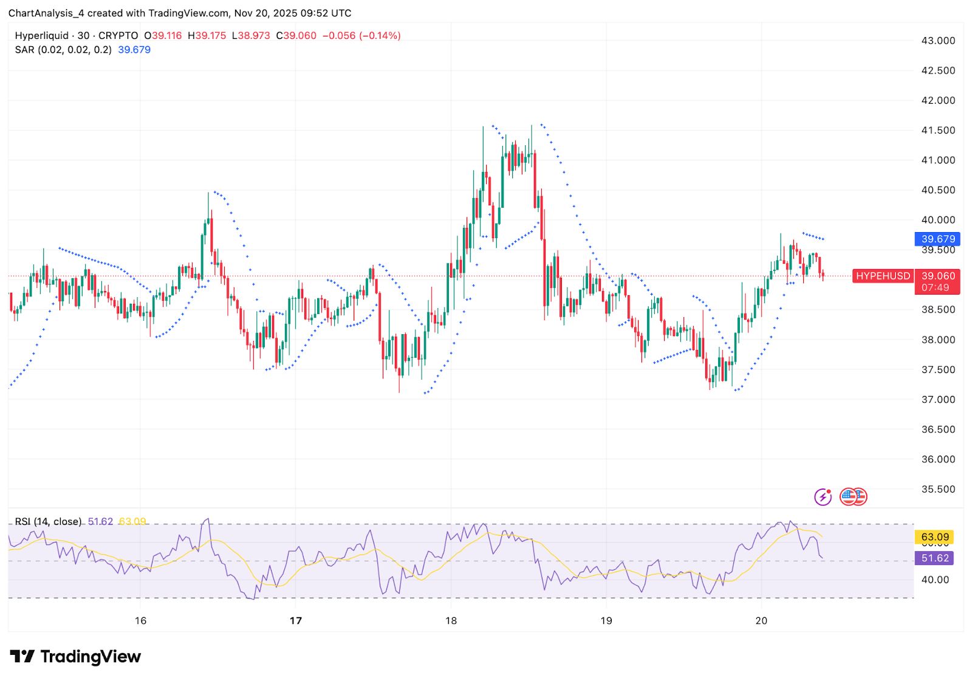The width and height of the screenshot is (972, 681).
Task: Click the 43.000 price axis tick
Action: click(938, 41)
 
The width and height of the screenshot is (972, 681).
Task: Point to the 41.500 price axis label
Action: click(938, 130)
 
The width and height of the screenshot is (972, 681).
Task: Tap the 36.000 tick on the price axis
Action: click(938, 459)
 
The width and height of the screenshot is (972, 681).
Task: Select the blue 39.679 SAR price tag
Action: click(937, 239)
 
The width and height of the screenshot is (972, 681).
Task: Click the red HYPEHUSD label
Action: click(883, 276)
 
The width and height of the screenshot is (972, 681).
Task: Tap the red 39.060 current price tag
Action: click(937, 276)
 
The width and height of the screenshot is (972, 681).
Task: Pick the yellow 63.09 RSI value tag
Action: click(934, 537)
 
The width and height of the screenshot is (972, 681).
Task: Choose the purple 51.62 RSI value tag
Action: click(934, 558)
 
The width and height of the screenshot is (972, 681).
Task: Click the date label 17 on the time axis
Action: click(296, 620)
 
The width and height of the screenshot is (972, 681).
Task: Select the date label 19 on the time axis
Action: click(606, 620)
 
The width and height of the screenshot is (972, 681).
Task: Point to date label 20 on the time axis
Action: click(761, 620)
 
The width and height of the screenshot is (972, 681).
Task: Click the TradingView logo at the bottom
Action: click(75, 657)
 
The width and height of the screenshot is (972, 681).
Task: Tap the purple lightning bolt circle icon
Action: click(823, 497)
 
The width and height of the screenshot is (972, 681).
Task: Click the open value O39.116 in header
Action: click(163, 36)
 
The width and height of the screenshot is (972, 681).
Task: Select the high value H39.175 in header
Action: click(207, 36)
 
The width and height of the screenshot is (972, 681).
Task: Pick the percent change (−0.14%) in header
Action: click(380, 36)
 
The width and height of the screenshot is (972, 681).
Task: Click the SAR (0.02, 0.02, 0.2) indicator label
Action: click(63, 50)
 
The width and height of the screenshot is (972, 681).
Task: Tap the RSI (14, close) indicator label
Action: click(48, 521)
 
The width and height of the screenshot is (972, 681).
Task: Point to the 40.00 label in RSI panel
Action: click(934, 580)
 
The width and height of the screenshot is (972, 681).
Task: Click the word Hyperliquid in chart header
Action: click(42, 36)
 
